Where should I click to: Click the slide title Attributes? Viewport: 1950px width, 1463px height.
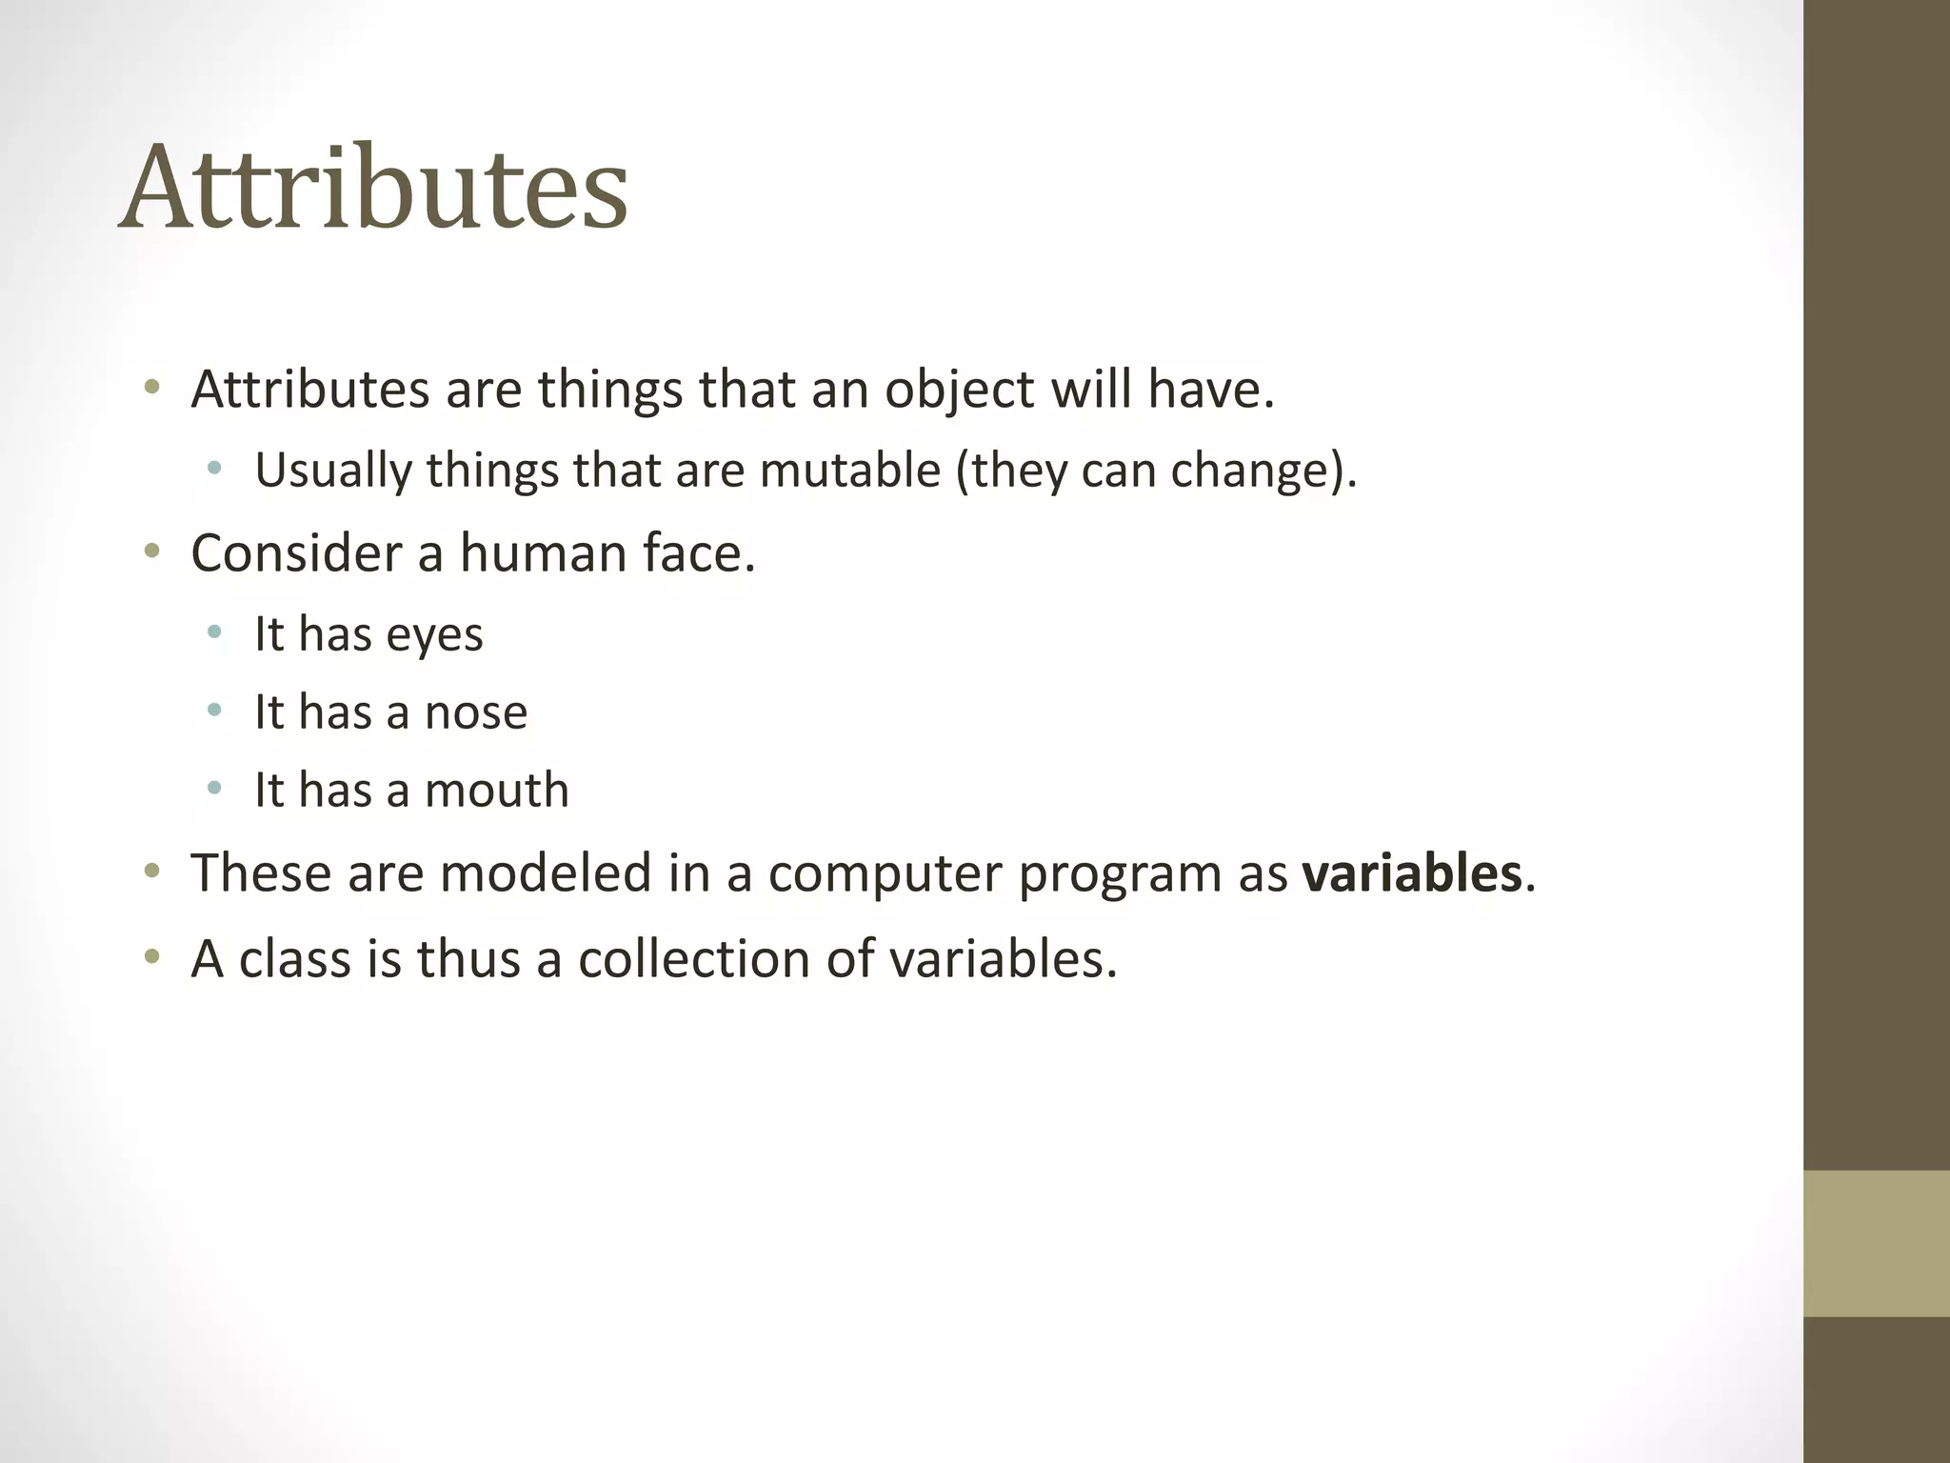pos(373,188)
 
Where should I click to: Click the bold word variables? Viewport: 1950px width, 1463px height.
pos(1412,873)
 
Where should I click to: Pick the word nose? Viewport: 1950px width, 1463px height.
pos(475,712)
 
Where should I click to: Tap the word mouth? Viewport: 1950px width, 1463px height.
pos(496,791)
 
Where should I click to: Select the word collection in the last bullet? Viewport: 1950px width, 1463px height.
pos(693,959)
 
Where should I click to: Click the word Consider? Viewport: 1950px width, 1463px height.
pos(296,553)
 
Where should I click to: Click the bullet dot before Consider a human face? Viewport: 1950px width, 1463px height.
pos(151,551)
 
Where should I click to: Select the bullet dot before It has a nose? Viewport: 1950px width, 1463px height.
pos(214,711)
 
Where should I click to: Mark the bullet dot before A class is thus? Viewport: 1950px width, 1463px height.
pos(151,956)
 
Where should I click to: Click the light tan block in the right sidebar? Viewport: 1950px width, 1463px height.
pos(1876,1243)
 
